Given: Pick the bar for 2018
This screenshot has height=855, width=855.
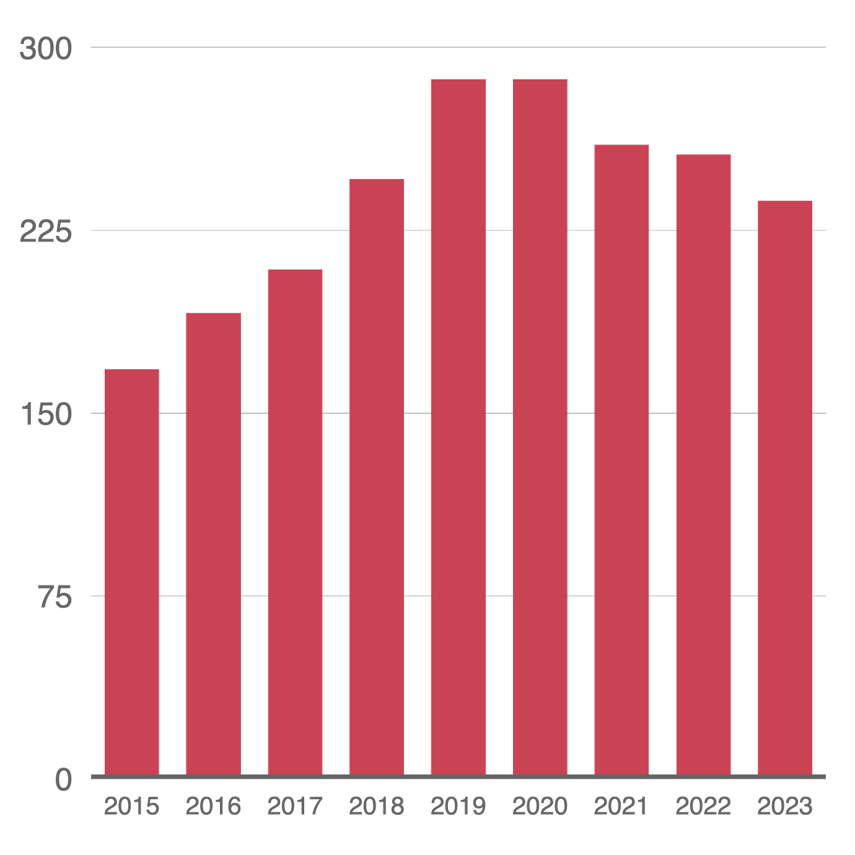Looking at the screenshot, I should (x=376, y=475).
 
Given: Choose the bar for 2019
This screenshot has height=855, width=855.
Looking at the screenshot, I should (x=458, y=426).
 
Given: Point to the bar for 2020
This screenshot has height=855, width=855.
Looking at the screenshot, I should (x=540, y=426).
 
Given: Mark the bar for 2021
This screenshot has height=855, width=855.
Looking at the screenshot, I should (x=621, y=458).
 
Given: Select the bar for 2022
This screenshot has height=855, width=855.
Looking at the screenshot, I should (x=703, y=463).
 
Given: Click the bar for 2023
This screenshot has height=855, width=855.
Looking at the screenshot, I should (x=784, y=486).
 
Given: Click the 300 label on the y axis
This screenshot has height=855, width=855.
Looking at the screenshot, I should (x=46, y=48).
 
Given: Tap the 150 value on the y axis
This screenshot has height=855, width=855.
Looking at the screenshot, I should (x=47, y=414).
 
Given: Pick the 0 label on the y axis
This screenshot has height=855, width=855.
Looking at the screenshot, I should (x=64, y=779).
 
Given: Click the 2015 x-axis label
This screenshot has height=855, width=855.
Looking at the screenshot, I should (x=132, y=806).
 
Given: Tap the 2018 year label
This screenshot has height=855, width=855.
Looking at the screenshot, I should (x=376, y=806).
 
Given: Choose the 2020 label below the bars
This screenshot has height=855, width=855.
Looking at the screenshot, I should (x=540, y=806).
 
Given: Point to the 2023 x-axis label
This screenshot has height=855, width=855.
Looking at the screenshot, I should (x=784, y=806).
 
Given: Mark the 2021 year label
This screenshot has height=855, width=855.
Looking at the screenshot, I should (x=621, y=806).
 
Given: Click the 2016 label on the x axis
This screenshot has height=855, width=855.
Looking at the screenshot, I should (x=213, y=806).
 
